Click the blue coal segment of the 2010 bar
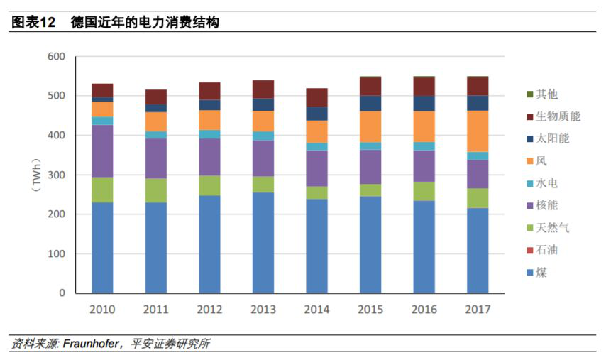point(102,247)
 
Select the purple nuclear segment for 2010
point(102,151)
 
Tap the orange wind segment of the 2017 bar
point(477,131)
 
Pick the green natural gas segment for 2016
point(424,191)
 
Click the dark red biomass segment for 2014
point(316,97)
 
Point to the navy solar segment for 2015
point(370,103)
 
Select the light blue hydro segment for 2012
point(209,134)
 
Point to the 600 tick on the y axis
point(56,57)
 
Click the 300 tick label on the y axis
point(56,175)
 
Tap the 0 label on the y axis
point(62,293)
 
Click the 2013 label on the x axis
point(263,310)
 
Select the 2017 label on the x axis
point(477,310)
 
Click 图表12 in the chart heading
point(33,23)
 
